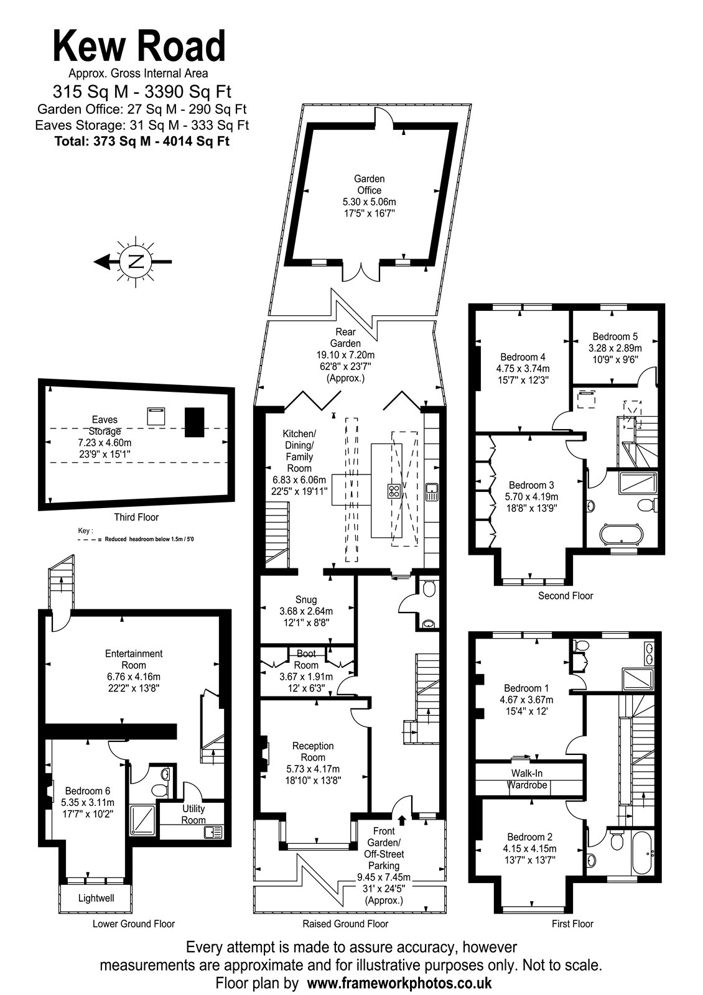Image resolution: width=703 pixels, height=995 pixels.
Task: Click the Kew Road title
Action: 139,46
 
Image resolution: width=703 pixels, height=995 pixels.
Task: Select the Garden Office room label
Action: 369,184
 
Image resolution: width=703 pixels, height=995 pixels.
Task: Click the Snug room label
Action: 305,599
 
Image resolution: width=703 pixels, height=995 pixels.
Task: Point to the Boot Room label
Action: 305,659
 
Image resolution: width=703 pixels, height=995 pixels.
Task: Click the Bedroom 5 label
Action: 615,336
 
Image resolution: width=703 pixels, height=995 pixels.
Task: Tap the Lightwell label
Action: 96,898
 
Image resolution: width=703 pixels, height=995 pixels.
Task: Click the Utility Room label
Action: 193,814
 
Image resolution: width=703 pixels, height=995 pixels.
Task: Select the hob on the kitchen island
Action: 393,491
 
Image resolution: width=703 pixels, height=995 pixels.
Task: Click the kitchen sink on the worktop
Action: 432,491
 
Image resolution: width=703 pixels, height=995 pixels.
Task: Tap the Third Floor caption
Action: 136,517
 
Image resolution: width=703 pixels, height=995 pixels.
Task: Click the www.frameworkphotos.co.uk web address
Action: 399,982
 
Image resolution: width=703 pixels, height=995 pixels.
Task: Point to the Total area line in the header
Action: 142,141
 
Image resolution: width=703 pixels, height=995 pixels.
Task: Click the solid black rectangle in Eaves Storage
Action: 195,422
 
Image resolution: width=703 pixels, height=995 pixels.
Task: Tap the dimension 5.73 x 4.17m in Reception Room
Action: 313,769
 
